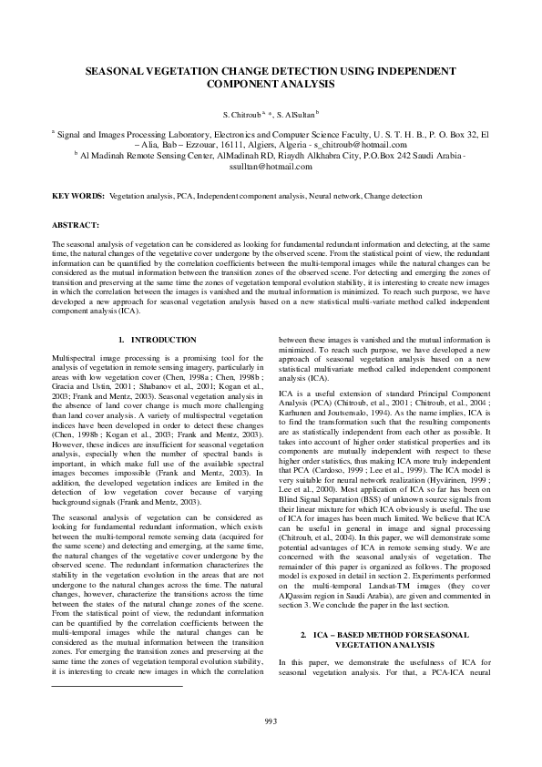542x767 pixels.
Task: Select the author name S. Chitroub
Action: (x=240, y=116)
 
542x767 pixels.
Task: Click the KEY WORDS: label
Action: (x=77, y=196)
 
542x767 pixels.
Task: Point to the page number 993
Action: (x=271, y=722)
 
